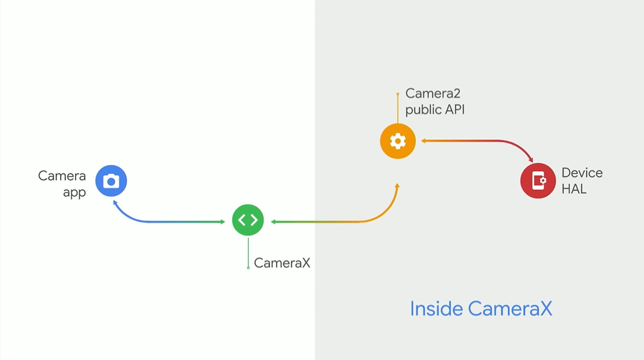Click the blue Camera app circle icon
tap(111, 181)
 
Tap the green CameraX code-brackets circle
tap(248, 220)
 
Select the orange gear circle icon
tap(397, 142)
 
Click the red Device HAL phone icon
tap(538, 180)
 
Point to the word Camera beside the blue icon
tap(62, 176)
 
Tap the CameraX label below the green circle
tap(282, 263)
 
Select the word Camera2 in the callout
tap(433, 93)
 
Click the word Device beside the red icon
tap(582, 173)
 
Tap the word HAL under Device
tap(574, 189)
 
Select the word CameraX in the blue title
tap(510, 308)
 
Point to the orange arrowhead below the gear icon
tap(397, 186)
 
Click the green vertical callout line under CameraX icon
tap(248, 252)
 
